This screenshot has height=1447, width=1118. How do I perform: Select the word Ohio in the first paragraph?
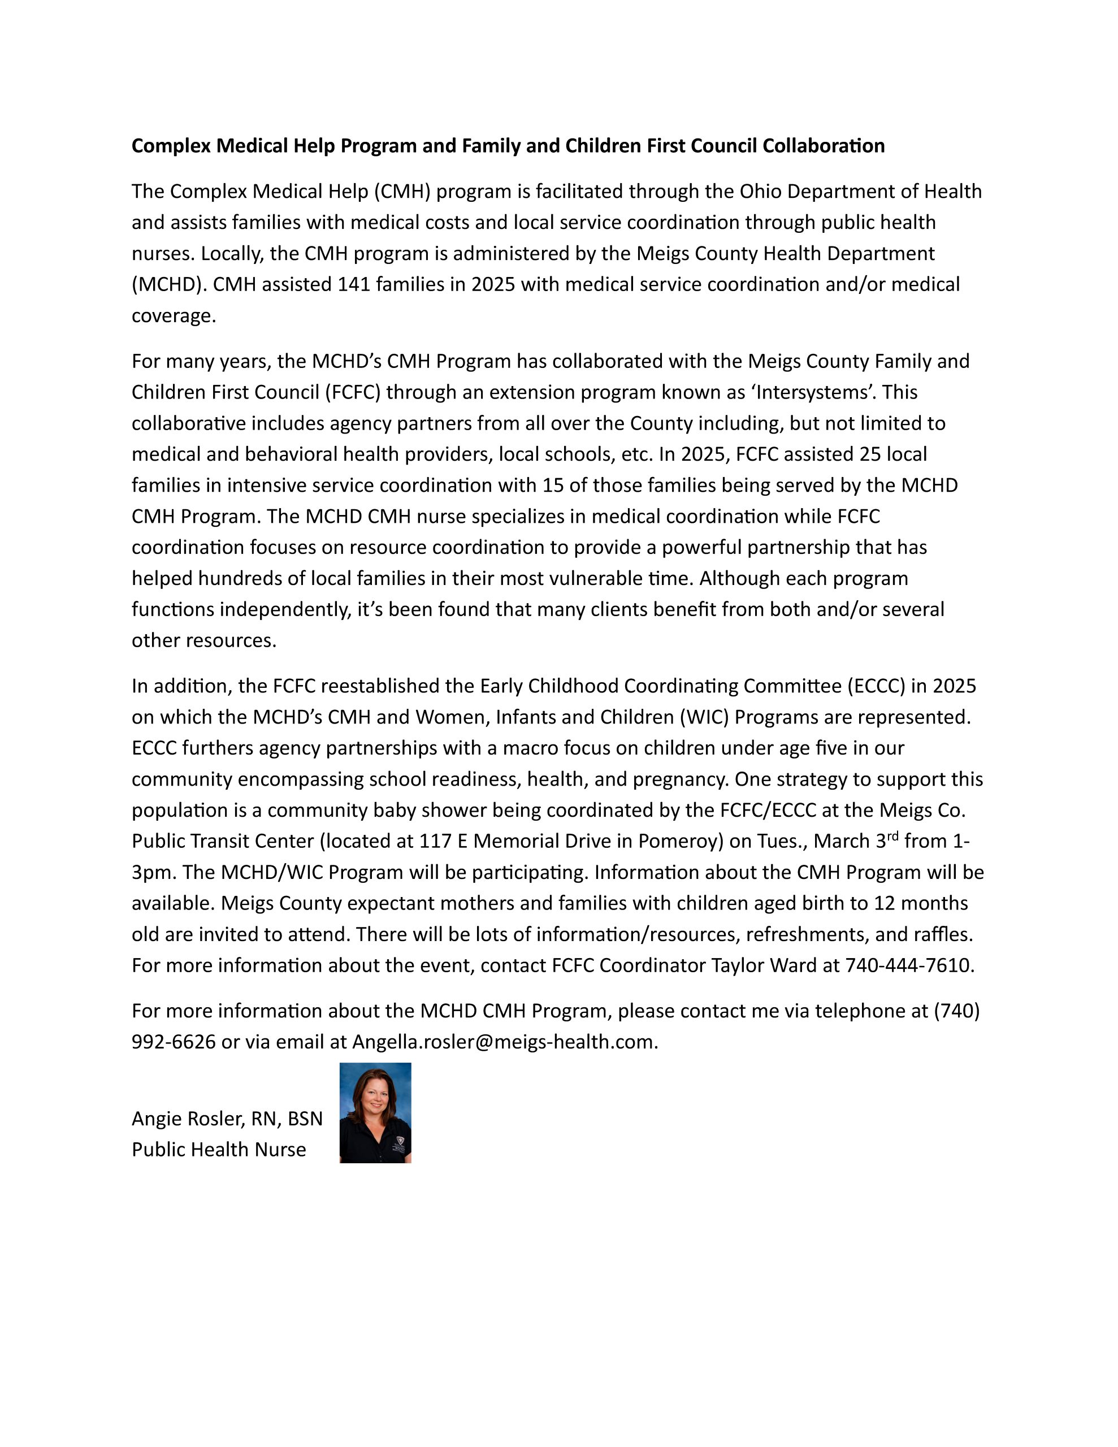click(x=760, y=192)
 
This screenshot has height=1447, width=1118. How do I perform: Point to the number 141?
click(x=356, y=284)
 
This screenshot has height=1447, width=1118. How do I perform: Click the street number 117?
click(x=435, y=841)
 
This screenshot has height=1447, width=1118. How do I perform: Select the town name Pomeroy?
click(x=678, y=841)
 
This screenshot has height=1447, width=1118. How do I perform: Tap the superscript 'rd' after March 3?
click(x=892, y=835)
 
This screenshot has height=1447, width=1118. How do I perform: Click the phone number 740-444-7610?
click(x=908, y=965)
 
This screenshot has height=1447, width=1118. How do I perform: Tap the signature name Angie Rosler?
click(x=188, y=1119)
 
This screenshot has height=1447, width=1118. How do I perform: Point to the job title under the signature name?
click(x=219, y=1150)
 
